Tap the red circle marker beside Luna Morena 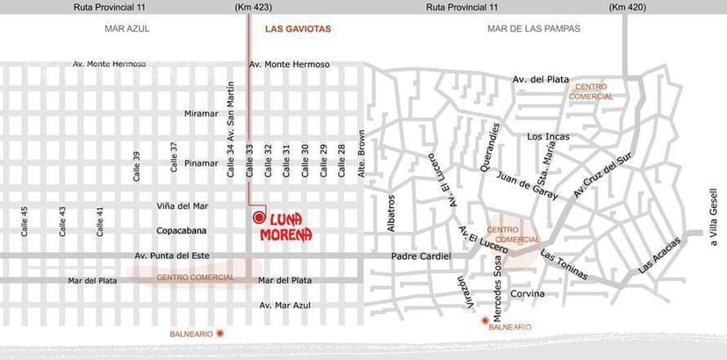click(258, 217)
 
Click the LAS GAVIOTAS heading click(298, 29)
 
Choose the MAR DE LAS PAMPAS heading click(534, 29)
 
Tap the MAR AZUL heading click(127, 29)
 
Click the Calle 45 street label click(25, 221)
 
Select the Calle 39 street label click(136, 166)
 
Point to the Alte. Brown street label click(361, 155)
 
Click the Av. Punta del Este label click(170, 256)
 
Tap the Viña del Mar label click(183, 206)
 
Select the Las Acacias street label click(659, 256)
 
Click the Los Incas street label click(548, 137)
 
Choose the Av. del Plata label click(541, 80)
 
